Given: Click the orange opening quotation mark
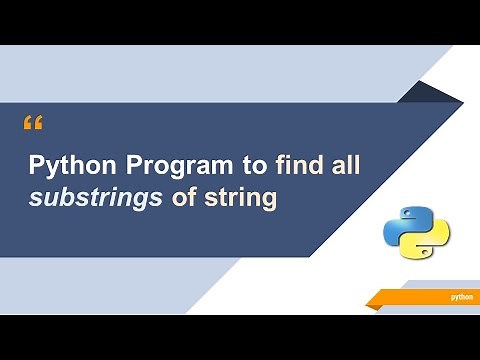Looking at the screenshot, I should click(x=32, y=124).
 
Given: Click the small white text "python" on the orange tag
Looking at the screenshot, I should click(x=461, y=297).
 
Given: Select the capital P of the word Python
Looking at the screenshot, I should click(x=35, y=166).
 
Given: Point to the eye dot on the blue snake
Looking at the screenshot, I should click(x=406, y=212).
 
